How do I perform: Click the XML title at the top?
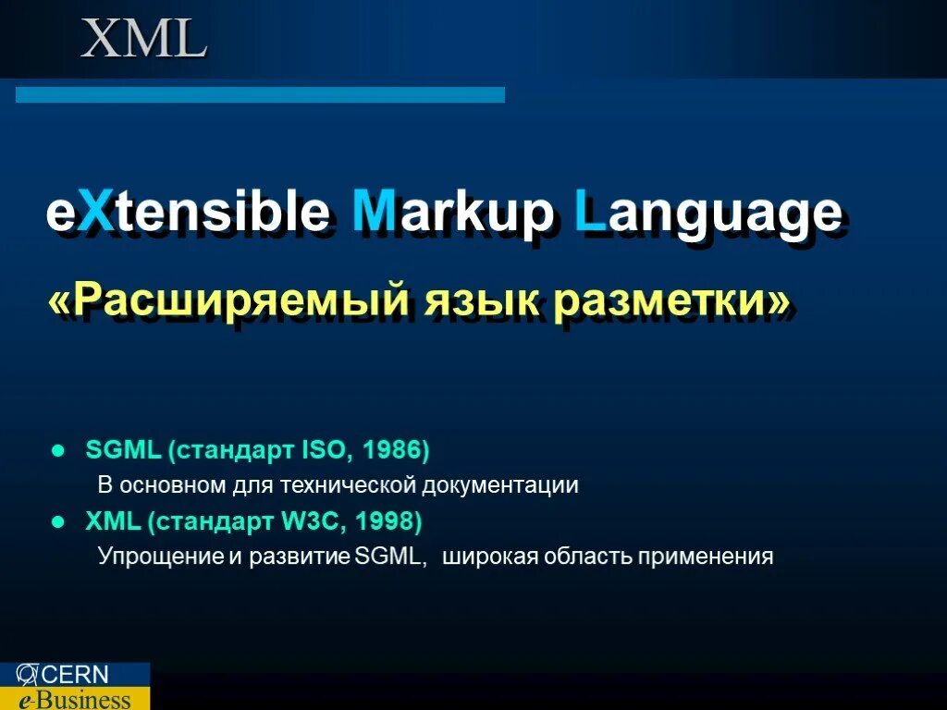point(143,40)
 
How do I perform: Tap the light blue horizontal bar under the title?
point(260,94)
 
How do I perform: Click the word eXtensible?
point(188,214)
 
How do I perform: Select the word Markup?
point(453,214)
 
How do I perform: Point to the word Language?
point(707,214)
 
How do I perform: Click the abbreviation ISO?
point(326,450)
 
